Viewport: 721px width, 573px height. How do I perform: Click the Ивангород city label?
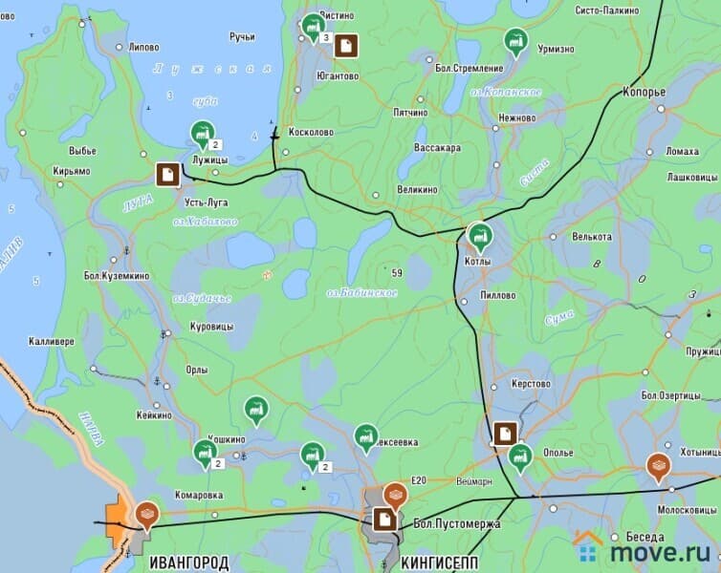[188, 562]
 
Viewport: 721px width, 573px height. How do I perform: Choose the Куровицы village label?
[211, 327]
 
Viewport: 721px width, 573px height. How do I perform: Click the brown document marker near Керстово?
[504, 433]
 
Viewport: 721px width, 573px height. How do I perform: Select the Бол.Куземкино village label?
[117, 276]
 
